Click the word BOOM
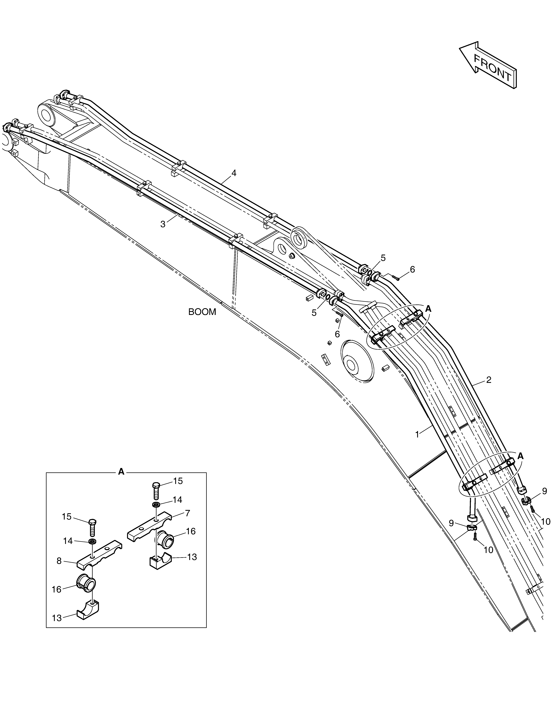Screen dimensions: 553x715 click(x=202, y=312)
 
